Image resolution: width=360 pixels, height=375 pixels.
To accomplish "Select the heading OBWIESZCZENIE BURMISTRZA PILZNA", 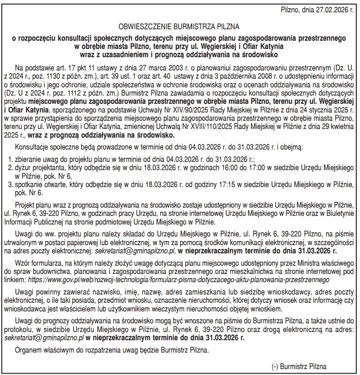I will pos(179,26).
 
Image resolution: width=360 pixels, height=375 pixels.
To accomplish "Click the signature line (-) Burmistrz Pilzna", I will pos(300,366).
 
